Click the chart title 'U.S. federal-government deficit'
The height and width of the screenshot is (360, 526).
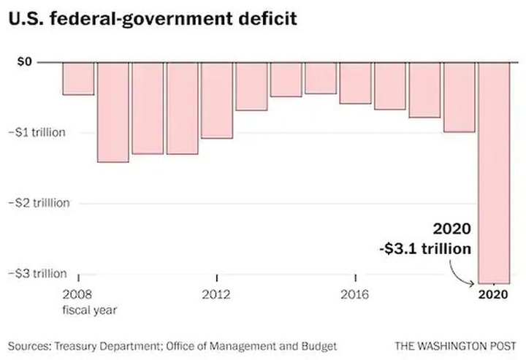click(x=153, y=19)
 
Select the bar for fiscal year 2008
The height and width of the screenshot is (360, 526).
click(x=77, y=79)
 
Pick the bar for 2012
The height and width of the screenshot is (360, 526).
click(x=217, y=100)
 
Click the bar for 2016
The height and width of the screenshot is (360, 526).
click(x=356, y=83)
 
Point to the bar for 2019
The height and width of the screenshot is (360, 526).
click(x=460, y=97)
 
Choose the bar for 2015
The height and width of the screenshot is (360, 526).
click(x=321, y=78)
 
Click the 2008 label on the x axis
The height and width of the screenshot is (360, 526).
click(x=77, y=295)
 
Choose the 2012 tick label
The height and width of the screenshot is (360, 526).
click(x=217, y=295)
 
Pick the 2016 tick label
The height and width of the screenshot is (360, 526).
click(x=356, y=295)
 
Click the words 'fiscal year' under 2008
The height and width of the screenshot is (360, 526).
click(x=91, y=309)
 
